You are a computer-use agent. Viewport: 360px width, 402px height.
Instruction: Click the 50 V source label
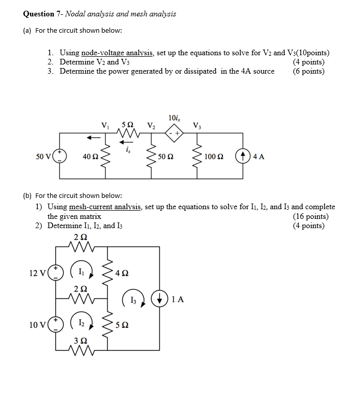tap(42, 157)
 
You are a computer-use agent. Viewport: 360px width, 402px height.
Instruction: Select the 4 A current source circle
tap(242, 157)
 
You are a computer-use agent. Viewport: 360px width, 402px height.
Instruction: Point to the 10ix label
tap(174, 119)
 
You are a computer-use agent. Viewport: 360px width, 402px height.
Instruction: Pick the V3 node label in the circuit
tap(197, 125)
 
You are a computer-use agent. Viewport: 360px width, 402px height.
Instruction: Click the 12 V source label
tap(37, 273)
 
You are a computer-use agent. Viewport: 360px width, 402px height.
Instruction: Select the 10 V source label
tap(37, 324)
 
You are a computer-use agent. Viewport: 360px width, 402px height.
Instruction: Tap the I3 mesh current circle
tap(132, 299)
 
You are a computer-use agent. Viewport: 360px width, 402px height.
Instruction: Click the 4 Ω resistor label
tap(122, 273)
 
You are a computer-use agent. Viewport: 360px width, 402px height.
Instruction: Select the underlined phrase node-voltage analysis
tap(117, 53)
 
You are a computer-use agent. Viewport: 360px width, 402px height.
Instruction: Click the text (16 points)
tap(311, 216)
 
